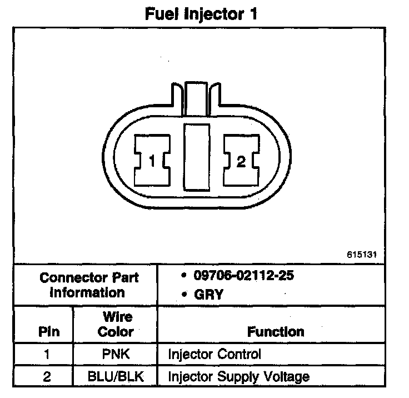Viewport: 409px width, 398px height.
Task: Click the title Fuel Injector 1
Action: click(202, 14)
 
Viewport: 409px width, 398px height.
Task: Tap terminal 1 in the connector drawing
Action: click(152, 162)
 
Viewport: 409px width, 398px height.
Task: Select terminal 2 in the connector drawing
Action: click(240, 162)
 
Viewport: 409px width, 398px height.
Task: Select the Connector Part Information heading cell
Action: click(86, 285)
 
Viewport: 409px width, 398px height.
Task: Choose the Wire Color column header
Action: click(116, 325)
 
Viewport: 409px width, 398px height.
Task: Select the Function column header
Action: click(276, 332)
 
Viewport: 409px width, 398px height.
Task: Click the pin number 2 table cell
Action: click(47, 376)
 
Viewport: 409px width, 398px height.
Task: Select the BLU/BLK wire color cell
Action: click(116, 376)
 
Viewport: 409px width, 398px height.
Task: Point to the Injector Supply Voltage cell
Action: click(238, 376)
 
